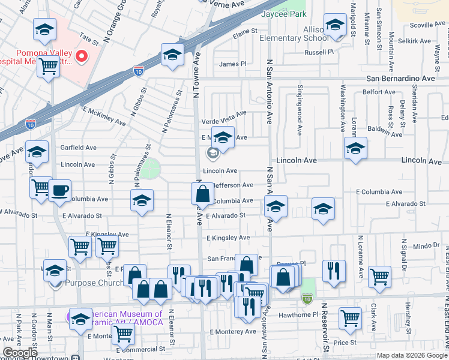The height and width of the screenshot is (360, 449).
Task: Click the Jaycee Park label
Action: coord(288,14)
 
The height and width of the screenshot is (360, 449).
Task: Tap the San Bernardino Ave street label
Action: coord(400,79)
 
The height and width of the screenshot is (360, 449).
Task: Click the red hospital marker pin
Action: coord(80,57)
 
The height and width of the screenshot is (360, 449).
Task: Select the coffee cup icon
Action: coord(59,191)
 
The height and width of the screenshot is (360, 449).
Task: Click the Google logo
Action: coord(20,353)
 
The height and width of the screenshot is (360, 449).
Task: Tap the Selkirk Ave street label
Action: coord(415,42)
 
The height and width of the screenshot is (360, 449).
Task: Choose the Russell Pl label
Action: coord(319,52)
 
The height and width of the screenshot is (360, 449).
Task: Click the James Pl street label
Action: coord(233,64)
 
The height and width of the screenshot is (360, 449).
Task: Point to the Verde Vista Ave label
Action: coord(224,113)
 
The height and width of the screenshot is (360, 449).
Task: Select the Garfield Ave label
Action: coord(78,148)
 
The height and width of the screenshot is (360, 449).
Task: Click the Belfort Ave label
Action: coord(379,92)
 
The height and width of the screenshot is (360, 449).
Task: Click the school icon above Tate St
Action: coord(45,29)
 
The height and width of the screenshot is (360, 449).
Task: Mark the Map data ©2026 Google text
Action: coord(412,355)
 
